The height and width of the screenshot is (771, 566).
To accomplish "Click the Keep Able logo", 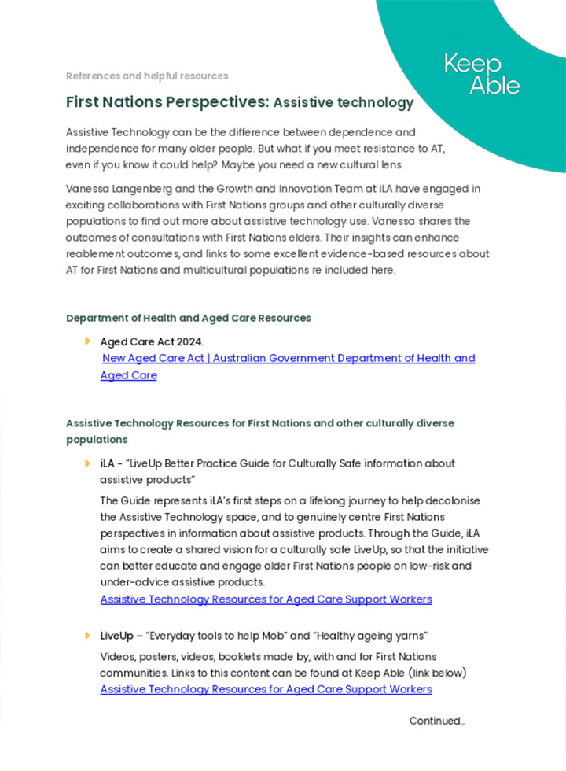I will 482,75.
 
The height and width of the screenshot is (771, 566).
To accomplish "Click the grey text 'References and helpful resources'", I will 147,76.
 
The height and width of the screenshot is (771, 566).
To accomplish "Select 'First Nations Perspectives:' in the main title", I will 167,102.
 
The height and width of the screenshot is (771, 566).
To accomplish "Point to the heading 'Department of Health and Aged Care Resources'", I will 189,318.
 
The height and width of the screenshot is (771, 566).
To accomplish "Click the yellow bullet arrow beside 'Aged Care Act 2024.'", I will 86,341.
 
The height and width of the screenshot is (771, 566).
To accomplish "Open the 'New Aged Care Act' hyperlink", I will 289,359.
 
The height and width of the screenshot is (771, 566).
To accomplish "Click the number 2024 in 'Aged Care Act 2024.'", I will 189,341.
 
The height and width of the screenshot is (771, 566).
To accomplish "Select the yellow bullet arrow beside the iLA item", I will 86,463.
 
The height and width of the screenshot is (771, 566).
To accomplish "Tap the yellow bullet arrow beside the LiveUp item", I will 86,635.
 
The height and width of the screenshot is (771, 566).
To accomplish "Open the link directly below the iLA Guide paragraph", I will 266,599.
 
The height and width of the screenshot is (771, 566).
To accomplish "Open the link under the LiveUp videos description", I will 266,690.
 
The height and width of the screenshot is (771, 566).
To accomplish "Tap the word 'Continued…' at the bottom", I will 437,721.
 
